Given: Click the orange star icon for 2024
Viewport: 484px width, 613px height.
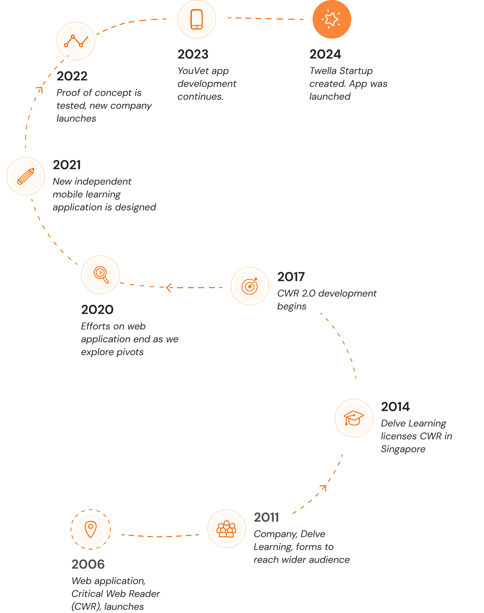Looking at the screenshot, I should coord(332,19).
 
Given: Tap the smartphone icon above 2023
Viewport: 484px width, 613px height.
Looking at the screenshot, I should coord(197,19).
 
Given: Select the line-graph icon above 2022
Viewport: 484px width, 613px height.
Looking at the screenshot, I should coord(76,41).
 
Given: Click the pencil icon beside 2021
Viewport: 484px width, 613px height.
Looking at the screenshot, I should coord(26,176).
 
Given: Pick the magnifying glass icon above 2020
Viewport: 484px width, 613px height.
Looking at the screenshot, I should coord(101,275).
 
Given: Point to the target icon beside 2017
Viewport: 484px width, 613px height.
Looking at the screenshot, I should coord(250,286).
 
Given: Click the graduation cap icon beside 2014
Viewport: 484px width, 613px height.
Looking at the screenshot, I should coord(354,418).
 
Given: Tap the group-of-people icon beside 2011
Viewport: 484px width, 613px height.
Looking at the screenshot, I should coord(227,529).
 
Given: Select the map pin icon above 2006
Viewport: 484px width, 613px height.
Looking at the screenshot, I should coord(91,529).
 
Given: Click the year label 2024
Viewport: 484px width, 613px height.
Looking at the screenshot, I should coord(325,54).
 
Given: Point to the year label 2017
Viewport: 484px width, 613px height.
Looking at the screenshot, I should coord(291,277).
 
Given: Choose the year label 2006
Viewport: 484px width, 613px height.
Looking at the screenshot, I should coord(88,564).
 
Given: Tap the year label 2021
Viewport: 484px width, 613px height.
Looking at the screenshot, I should coord(67,165).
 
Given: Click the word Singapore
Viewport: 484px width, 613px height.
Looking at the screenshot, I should coord(403,449).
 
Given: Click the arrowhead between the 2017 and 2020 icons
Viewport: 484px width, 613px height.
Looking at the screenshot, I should coord(169,288).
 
